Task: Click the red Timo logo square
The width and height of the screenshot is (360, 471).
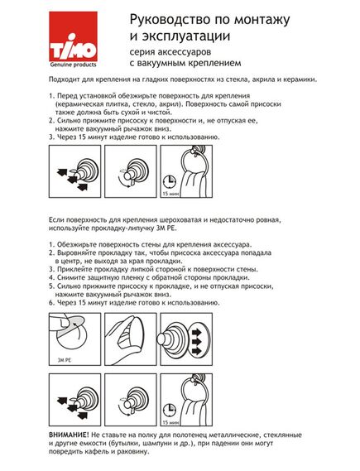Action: pyautogui.click(x=74, y=36)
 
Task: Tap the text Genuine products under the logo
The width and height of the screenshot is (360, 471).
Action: pyautogui.click(x=74, y=65)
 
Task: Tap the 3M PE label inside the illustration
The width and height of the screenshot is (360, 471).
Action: pyautogui.click(x=64, y=360)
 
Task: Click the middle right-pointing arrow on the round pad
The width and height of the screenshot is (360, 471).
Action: pyautogui.click(x=197, y=341)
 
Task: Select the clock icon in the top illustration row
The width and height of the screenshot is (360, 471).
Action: pyautogui.click(x=169, y=182)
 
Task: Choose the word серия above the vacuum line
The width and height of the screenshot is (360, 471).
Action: pyautogui.click(x=139, y=52)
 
